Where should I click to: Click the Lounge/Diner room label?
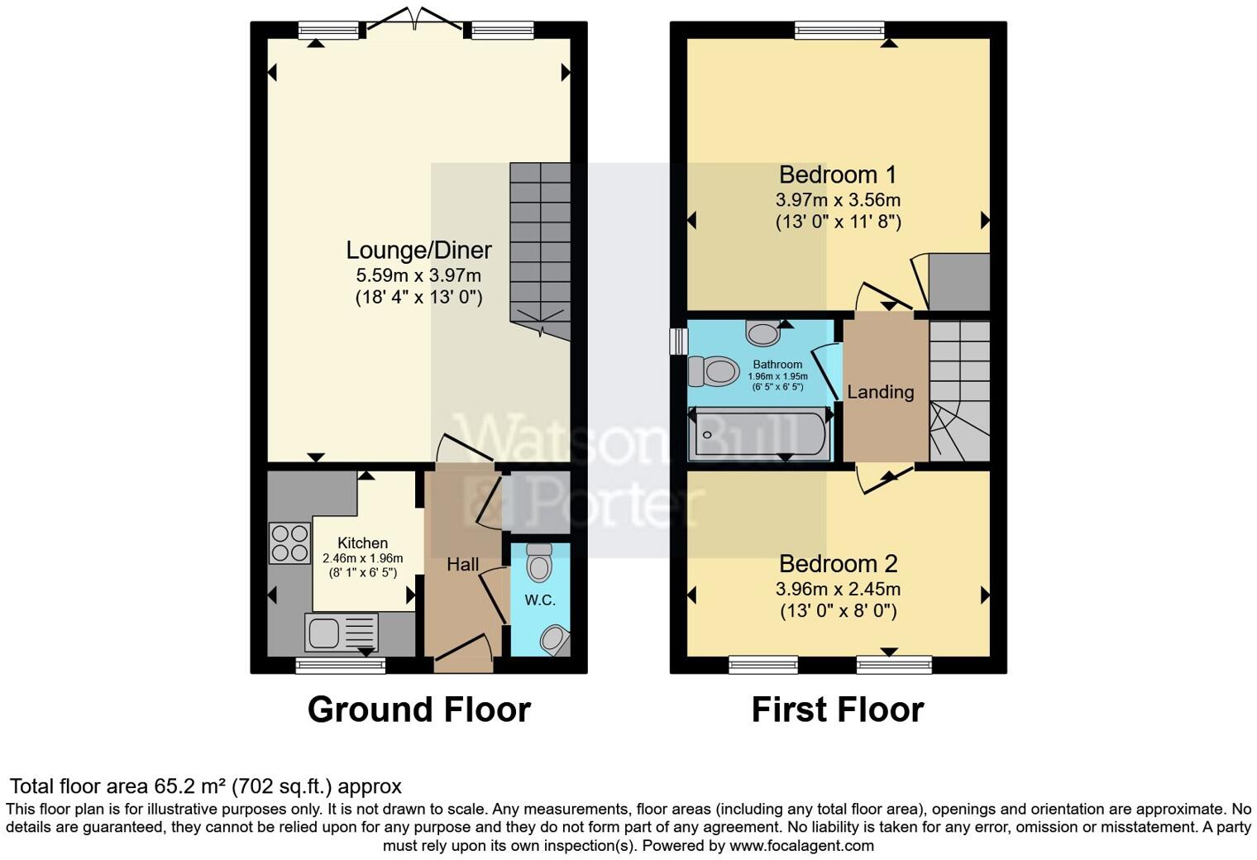(x=418, y=250)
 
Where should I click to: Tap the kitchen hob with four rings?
(x=289, y=543)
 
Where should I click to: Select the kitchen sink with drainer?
(x=342, y=633)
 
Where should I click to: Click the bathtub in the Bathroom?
(x=760, y=434)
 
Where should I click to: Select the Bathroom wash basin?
(x=762, y=333)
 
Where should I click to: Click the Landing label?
(x=880, y=392)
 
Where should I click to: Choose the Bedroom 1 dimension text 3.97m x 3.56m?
(x=838, y=200)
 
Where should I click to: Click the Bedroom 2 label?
(x=838, y=564)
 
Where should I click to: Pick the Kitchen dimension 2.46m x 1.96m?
(x=362, y=559)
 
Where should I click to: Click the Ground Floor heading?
(x=418, y=709)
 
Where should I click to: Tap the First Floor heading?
(x=837, y=709)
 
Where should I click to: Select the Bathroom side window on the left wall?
(x=678, y=341)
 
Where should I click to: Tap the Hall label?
(x=462, y=565)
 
